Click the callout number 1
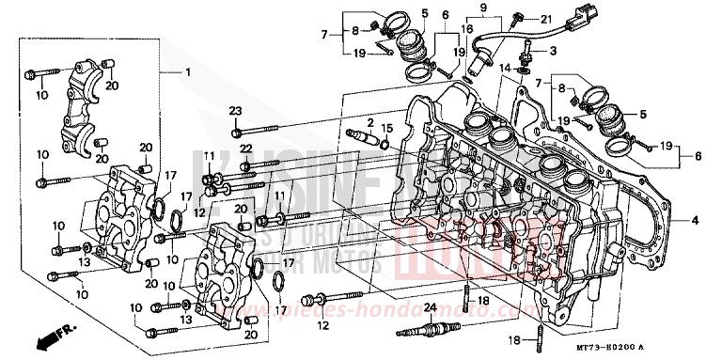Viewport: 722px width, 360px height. [x=187, y=72]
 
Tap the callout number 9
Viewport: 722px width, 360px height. [x=483, y=8]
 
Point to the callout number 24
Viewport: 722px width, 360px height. [x=429, y=308]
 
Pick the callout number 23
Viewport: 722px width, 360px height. [x=234, y=110]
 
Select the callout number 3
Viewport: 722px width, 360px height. [x=554, y=50]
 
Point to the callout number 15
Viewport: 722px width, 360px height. [x=386, y=127]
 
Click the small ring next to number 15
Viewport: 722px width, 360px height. [x=385, y=144]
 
